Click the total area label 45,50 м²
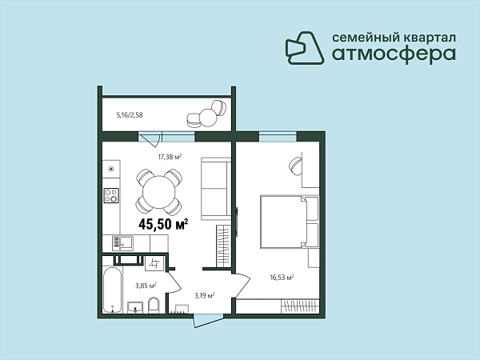163,224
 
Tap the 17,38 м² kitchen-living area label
170,157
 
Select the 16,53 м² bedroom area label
282,278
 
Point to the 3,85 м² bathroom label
146,286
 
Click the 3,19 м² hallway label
205,296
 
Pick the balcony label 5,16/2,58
130,115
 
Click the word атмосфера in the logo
394,54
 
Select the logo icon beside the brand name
305,48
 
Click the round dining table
159,192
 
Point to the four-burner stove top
111,195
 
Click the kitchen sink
122,243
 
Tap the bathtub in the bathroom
112,290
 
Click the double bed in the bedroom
290,222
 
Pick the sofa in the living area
216,189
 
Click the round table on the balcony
208,118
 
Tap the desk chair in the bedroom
295,166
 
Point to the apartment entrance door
209,320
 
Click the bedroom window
278,137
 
